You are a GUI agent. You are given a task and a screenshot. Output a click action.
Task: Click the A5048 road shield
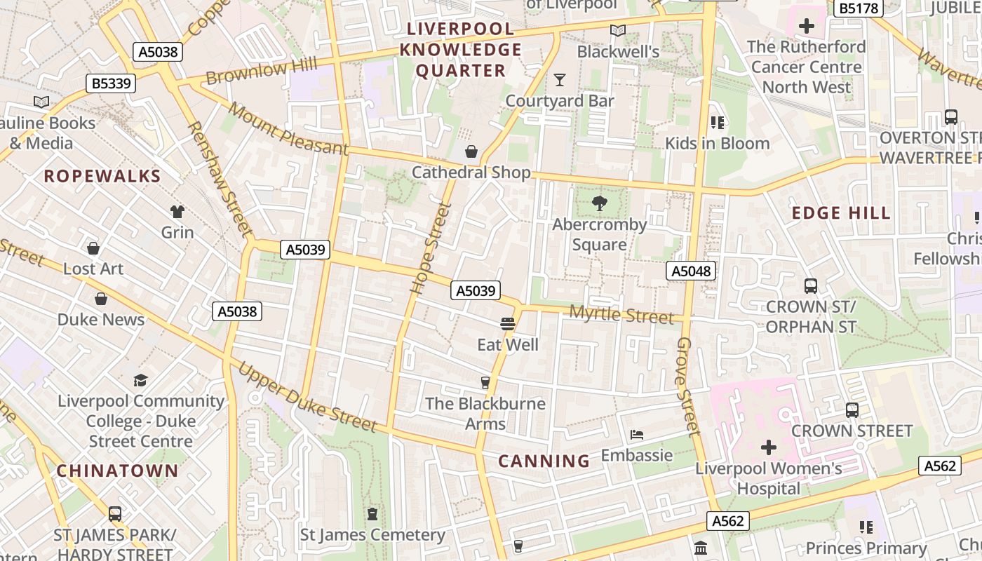pos(691,271)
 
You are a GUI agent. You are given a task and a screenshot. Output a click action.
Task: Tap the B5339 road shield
pos(112,83)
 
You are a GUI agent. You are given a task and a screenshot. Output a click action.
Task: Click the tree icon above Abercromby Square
pos(599,203)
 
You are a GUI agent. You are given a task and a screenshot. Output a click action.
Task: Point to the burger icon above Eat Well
pos(508,324)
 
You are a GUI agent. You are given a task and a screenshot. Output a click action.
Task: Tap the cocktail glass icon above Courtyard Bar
pos(559,80)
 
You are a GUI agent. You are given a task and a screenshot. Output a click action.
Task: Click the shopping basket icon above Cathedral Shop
pos(471,151)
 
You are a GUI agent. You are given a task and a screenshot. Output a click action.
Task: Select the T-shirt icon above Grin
pos(177,211)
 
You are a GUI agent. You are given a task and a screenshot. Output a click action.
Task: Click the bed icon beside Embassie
pos(637,435)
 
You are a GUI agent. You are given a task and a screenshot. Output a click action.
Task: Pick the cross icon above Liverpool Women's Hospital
pos(769,447)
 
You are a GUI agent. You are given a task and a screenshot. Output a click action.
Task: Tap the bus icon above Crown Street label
pos(852,410)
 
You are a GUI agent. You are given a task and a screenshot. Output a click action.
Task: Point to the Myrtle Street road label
pos(621,316)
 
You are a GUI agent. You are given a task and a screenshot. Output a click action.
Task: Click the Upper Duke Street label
pos(307,397)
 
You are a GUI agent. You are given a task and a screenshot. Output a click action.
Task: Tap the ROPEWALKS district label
pos(102,176)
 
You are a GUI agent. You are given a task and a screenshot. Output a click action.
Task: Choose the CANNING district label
pos(544,461)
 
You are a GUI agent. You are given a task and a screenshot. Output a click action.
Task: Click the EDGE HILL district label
pos(841,213)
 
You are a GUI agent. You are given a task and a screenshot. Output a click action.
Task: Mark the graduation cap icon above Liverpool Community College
pos(141,380)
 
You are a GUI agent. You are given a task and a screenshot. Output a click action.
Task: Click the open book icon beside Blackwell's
pos(617,31)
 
